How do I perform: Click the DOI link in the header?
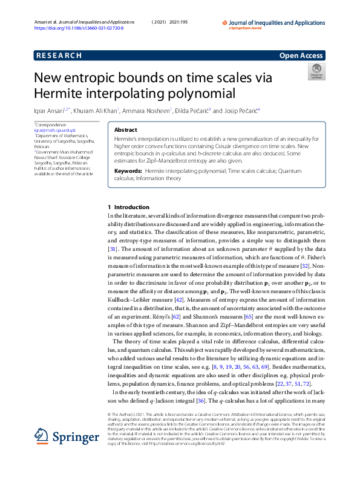point(79,28)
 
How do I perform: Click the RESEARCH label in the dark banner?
point(59,56)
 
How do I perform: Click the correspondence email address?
point(55,130)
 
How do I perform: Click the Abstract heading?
point(125,130)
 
